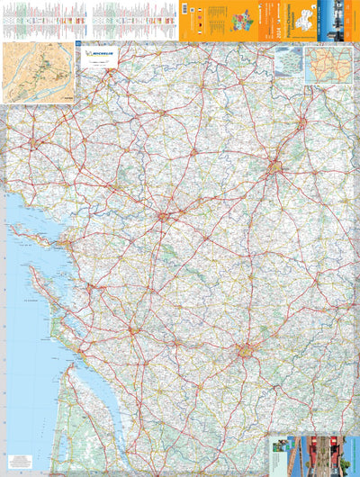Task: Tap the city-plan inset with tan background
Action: pyautogui.click(x=39, y=71)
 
